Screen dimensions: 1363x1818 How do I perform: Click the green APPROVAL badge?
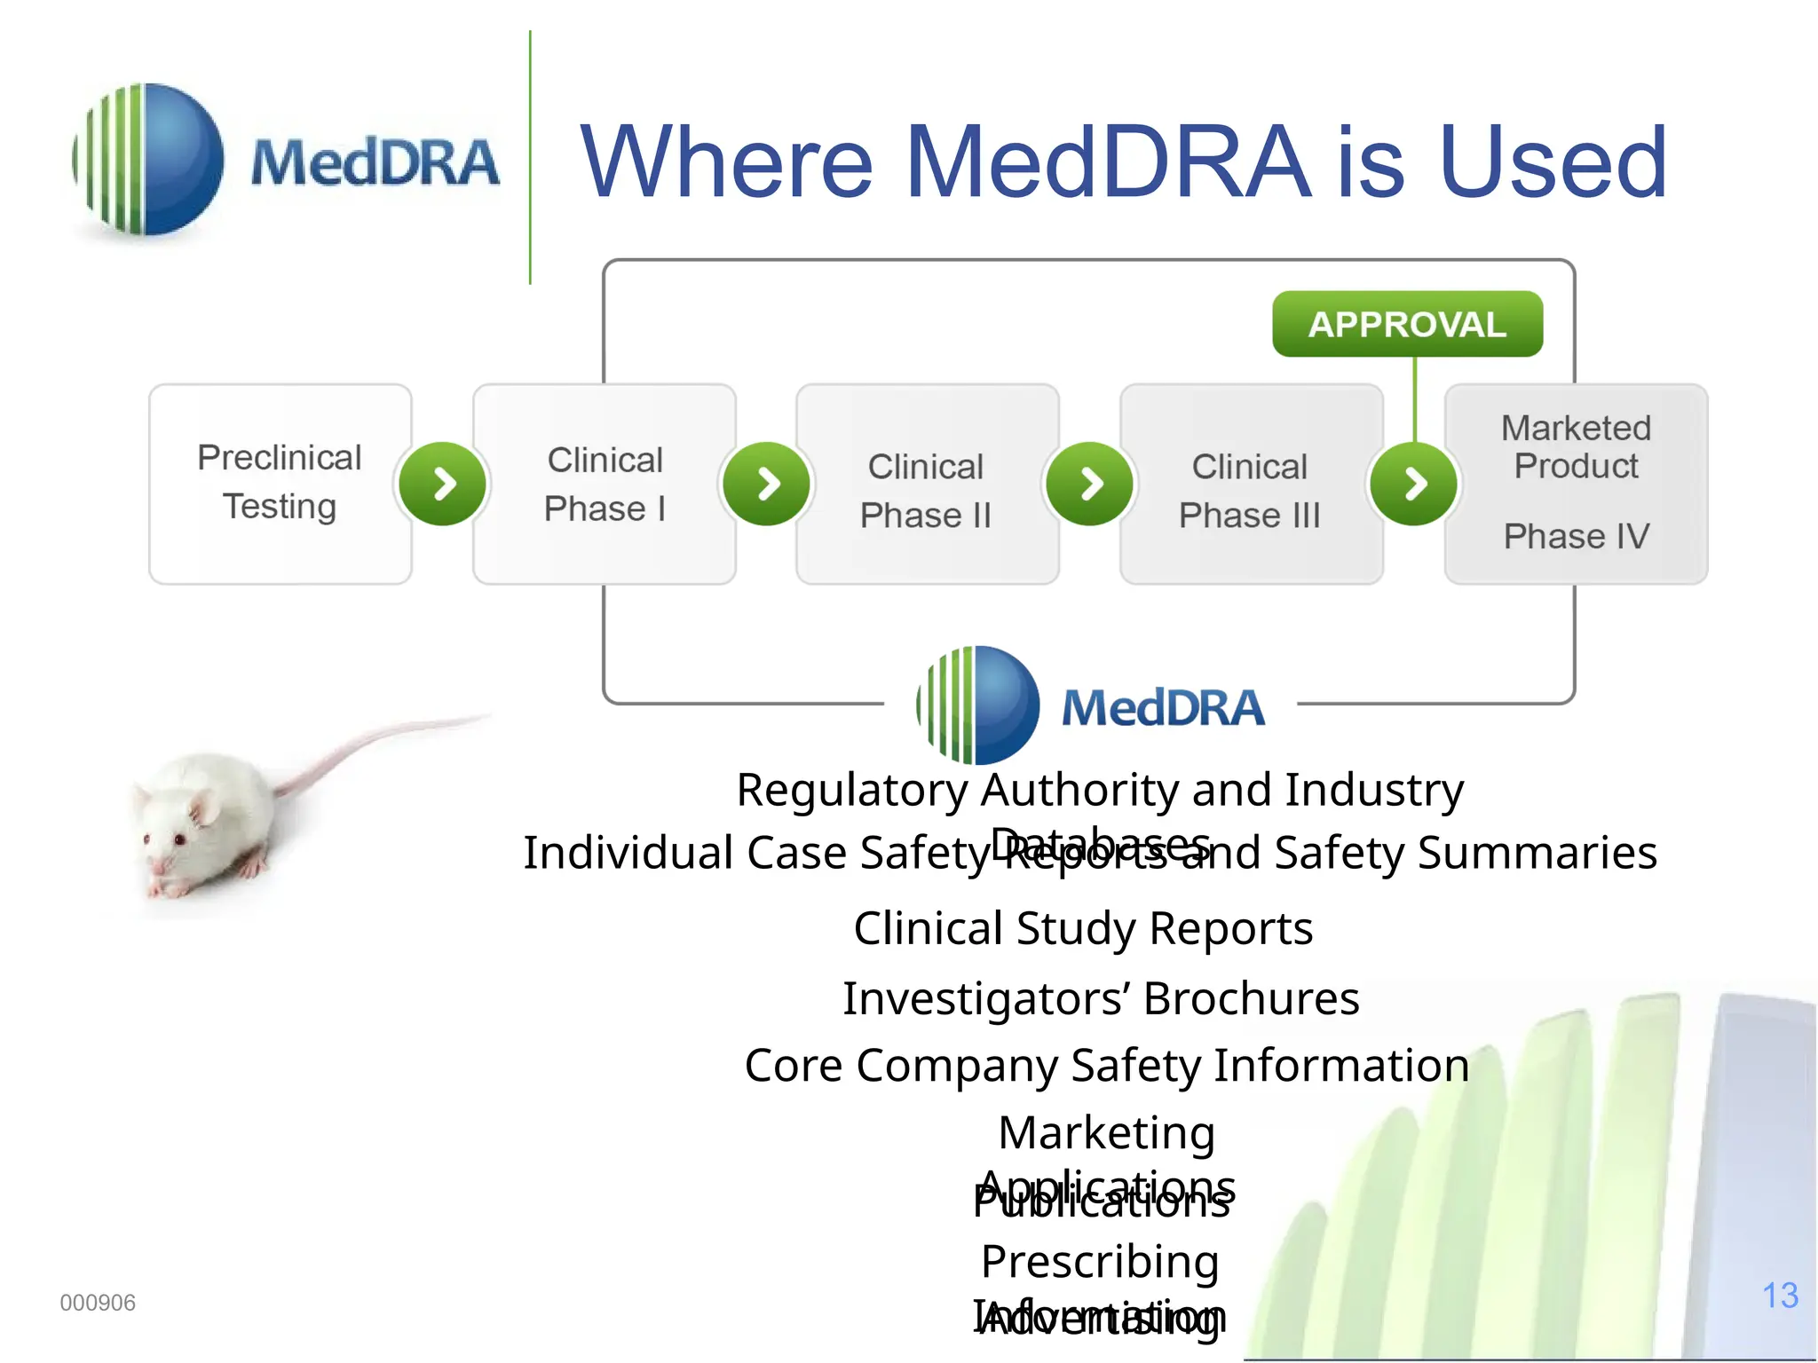point(1407,324)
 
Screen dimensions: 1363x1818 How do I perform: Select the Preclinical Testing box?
point(280,484)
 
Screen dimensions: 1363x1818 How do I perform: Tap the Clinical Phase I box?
point(605,484)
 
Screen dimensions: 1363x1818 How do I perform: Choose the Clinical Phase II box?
point(927,484)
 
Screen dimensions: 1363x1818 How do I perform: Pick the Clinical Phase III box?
point(1251,484)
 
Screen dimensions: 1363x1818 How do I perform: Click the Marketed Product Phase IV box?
point(1576,484)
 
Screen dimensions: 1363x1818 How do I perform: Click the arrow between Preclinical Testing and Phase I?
point(442,484)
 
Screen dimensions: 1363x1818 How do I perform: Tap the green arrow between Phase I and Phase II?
point(767,484)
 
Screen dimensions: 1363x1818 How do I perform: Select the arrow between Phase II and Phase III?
point(1090,484)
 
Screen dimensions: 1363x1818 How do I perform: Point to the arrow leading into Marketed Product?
point(1414,484)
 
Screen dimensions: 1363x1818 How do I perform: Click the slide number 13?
point(1780,1296)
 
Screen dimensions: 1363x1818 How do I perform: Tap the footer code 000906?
point(98,1303)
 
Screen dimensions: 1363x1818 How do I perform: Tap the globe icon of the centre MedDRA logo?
point(978,705)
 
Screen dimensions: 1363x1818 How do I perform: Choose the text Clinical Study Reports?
point(1083,929)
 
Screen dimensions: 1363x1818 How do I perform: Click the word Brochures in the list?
point(1252,999)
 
